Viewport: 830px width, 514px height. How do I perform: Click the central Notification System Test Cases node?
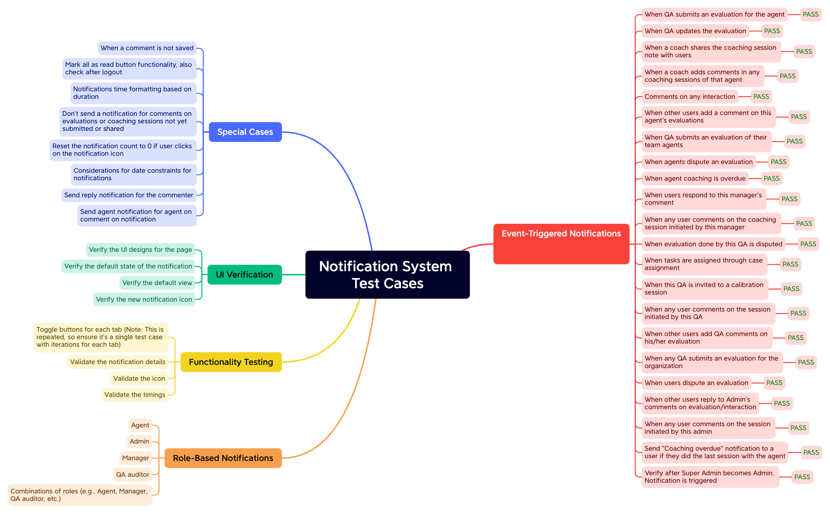[x=387, y=274]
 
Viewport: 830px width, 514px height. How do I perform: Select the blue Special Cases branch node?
[x=245, y=132]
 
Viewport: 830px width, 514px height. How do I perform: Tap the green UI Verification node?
[x=244, y=275]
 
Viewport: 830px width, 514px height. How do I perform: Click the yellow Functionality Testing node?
[x=231, y=362]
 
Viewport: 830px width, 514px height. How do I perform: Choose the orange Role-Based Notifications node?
[x=223, y=458]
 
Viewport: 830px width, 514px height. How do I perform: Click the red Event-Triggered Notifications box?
[x=561, y=244]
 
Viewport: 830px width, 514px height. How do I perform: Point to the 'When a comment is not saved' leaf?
[x=147, y=48]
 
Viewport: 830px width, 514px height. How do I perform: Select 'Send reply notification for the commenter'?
[x=129, y=195]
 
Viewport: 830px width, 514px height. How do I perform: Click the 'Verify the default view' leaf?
[x=157, y=283]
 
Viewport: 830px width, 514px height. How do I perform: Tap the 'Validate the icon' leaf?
[x=139, y=379]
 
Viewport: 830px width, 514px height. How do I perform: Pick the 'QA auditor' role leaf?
[x=133, y=475]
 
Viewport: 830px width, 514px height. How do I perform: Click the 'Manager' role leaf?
[x=136, y=458]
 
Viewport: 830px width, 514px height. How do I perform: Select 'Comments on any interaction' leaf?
[x=690, y=97]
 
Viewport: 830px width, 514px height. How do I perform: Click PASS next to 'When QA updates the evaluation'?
[x=772, y=31]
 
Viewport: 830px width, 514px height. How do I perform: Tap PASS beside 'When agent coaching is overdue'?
[x=771, y=179]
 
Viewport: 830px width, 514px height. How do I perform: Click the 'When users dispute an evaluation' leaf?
[x=696, y=383]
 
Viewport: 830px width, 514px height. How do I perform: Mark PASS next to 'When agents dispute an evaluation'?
[x=779, y=162]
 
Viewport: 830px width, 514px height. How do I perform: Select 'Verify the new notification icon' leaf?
[x=144, y=300]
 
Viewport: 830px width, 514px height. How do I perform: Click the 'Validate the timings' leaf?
[x=135, y=395]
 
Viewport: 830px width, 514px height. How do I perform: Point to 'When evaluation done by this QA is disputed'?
[x=713, y=244]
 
